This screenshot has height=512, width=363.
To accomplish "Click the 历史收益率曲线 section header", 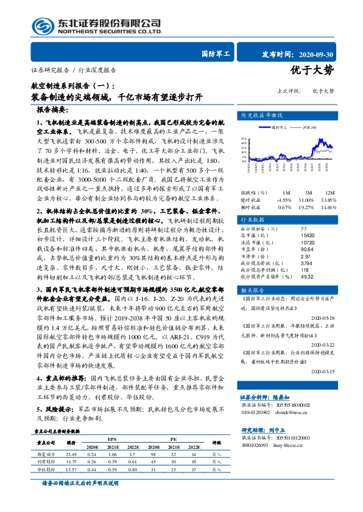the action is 263,114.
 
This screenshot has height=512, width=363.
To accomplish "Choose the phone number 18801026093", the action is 258,462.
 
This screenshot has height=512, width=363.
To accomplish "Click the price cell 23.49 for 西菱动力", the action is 71,453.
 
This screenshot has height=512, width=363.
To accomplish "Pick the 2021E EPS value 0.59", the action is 112,469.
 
